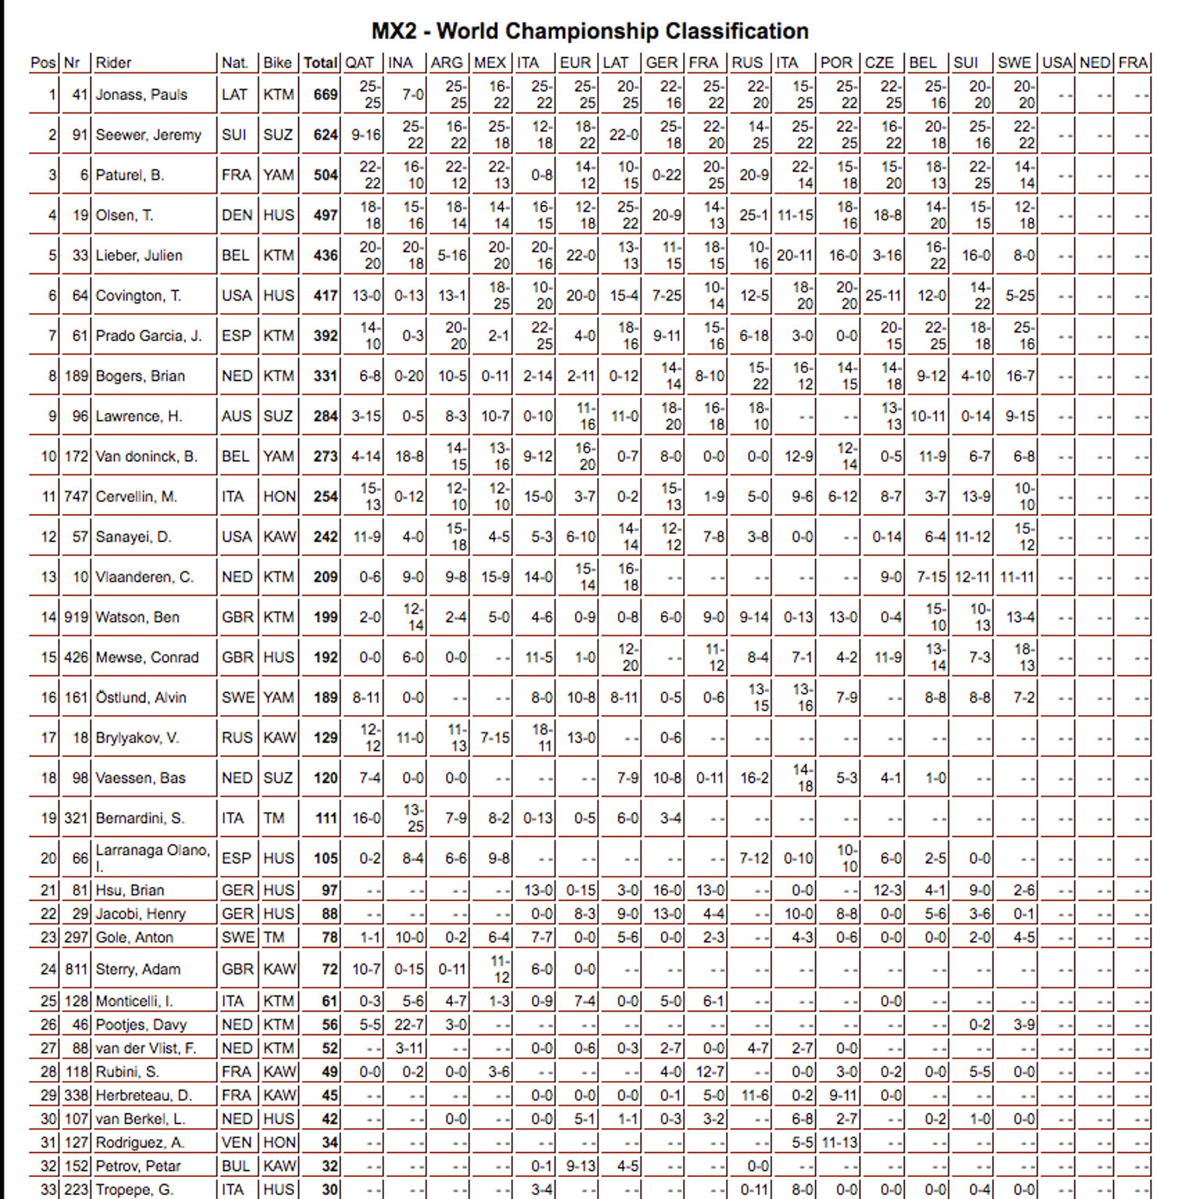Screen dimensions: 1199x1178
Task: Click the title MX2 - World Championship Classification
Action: (x=589, y=31)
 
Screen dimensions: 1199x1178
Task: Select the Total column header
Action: (x=320, y=62)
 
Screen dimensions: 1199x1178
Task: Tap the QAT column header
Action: (x=359, y=62)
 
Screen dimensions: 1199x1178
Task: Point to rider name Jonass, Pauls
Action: (x=141, y=95)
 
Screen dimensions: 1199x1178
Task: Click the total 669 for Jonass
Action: (x=326, y=95)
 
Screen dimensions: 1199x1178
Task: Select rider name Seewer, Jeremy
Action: (x=148, y=135)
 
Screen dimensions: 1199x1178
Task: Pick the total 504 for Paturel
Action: (x=326, y=176)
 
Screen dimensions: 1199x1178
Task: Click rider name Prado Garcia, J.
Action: (x=148, y=336)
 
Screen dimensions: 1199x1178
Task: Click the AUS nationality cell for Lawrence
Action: (x=237, y=417)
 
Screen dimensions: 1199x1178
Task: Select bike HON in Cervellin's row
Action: (x=279, y=497)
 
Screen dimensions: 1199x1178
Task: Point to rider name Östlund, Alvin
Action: (x=141, y=698)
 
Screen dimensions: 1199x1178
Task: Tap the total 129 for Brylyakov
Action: (x=326, y=738)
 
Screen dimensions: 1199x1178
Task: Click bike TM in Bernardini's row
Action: (x=273, y=818)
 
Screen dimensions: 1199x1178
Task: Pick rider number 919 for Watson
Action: (x=77, y=617)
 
